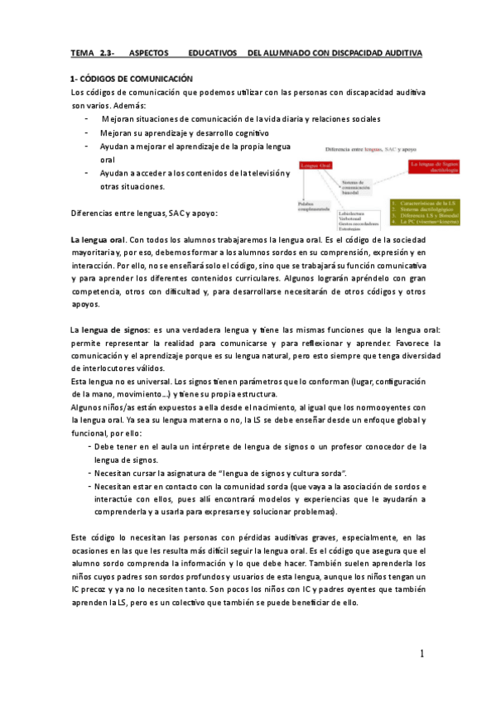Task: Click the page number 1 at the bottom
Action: [x=421, y=655]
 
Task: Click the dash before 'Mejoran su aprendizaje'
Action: [x=86, y=132]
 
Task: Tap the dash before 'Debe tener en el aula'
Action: [x=89, y=446]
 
